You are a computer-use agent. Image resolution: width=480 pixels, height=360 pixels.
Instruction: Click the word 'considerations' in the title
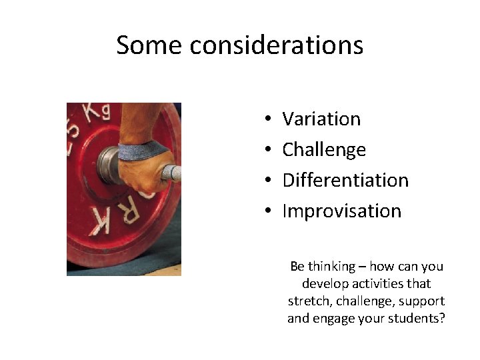tap(276, 45)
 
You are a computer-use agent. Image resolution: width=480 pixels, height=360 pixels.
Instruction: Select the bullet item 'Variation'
tap(321, 119)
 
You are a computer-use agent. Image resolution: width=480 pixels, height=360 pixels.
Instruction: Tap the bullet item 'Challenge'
tap(324, 150)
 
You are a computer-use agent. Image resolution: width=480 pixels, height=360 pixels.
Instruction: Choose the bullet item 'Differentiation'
tap(345, 180)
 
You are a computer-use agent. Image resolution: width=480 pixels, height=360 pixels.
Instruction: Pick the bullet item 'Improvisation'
tap(342, 211)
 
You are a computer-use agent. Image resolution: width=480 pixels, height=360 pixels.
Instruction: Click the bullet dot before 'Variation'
tap(266, 120)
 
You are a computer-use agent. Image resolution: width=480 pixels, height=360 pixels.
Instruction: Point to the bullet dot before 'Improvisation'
tap(266, 212)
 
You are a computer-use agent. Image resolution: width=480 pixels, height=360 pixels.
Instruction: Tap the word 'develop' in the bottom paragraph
tap(323, 284)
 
